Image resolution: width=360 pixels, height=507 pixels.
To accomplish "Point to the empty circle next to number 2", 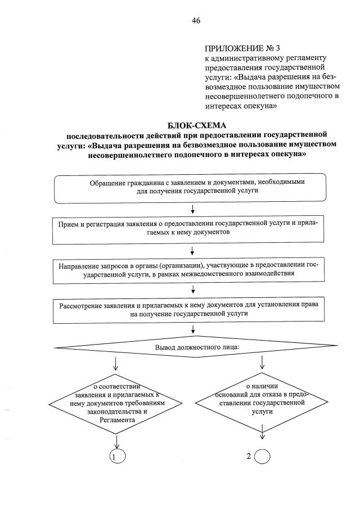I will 263,456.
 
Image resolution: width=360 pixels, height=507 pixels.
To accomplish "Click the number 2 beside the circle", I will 249,456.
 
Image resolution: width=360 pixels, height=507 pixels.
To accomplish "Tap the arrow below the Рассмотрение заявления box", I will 193,330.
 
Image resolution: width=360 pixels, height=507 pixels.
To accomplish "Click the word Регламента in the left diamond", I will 116,420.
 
